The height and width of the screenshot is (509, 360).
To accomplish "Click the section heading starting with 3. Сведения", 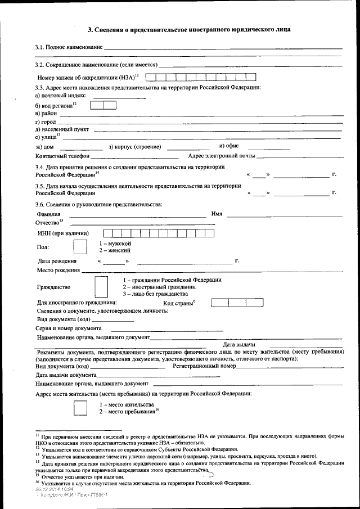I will [181, 28].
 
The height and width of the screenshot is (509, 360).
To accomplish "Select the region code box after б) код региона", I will [103, 105].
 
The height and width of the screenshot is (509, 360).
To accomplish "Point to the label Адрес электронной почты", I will [221, 156].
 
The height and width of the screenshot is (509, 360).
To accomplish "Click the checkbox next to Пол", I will [80, 246].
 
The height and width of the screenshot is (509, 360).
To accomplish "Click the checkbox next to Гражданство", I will [101, 286].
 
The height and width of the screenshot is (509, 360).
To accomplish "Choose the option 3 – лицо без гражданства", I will [151, 294].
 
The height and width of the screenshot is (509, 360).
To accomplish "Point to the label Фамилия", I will [48, 214].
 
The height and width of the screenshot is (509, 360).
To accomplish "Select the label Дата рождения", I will [57, 262].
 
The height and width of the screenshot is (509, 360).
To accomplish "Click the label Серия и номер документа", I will [69, 328].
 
